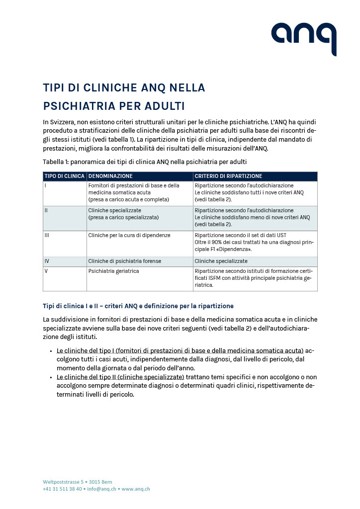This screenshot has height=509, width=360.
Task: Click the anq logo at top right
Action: [x=303, y=38]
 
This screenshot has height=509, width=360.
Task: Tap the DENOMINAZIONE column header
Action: [x=110, y=176]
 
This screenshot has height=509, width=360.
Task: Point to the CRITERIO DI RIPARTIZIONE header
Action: [x=228, y=176]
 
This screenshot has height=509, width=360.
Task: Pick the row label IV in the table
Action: [x=47, y=261]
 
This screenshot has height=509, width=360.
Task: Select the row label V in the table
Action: [x=46, y=271]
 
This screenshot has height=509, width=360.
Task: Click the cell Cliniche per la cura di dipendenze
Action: [x=129, y=235]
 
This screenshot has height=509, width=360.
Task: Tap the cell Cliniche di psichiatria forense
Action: [x=124, y=261]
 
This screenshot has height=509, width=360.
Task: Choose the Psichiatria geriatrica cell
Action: [x=113, y=271]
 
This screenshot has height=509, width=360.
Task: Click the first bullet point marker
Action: [x=51, y=351]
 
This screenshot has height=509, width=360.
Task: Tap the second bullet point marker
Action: [x=51, y=377]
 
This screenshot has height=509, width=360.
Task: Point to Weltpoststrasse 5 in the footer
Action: [x=62, y=482]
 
